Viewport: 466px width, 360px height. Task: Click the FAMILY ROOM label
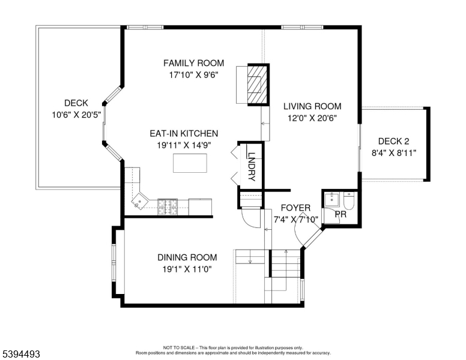(x=193, y=63)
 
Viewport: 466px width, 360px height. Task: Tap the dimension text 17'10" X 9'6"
(x=193, y=75)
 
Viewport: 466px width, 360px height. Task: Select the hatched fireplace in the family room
(x=256, y=85)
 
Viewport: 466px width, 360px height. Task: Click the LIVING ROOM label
(x=312, y=106)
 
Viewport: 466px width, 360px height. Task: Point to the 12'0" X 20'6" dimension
(x=312, y=118)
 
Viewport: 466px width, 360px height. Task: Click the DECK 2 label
(x=393, y=141)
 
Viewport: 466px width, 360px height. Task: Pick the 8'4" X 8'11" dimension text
(x=393, y=153)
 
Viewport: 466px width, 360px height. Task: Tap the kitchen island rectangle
(x=190, y=163)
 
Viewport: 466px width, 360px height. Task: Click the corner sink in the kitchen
(x=139, y=200)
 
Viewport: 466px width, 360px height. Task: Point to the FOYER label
(x=295, y=208)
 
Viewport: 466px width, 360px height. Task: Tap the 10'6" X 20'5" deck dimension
(x=77, y=114)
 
